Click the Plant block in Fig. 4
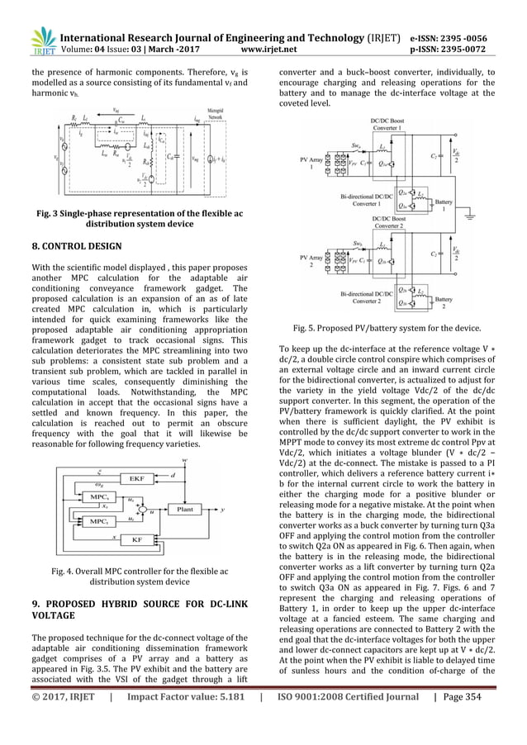[x=187, y=510]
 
